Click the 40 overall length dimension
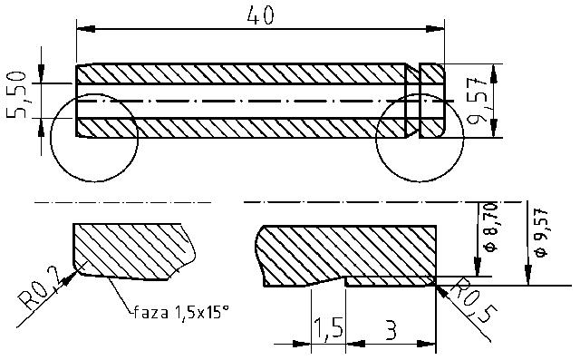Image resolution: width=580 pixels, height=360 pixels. click(x=259, y=15)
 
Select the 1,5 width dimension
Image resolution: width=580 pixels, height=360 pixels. click(x=327, y=327)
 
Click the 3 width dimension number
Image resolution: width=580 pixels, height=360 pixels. click(x=391, y=327)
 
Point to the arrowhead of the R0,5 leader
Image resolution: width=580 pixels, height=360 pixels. click(x=440, y=286)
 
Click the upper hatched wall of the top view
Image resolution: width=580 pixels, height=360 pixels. click(x=236, y=73)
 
